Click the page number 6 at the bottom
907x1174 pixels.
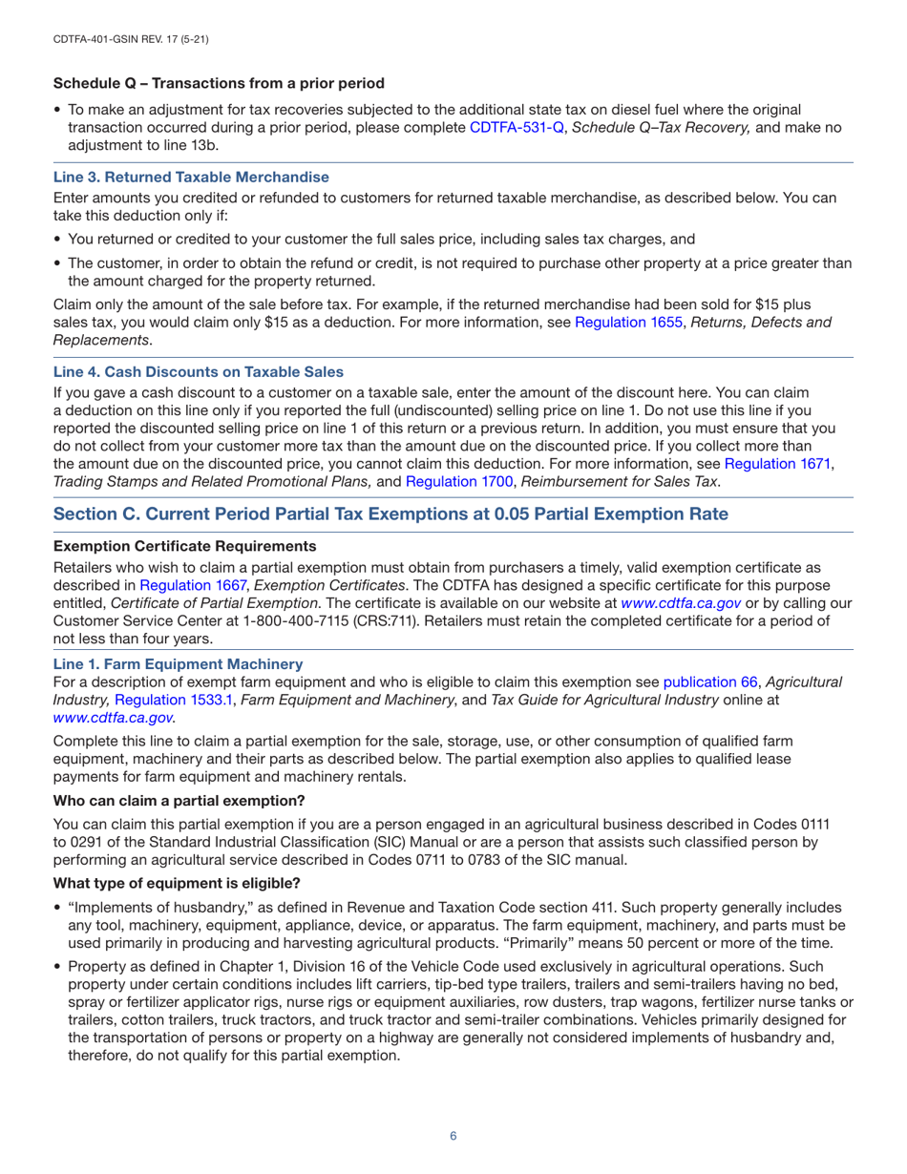tap(453, 1135)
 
